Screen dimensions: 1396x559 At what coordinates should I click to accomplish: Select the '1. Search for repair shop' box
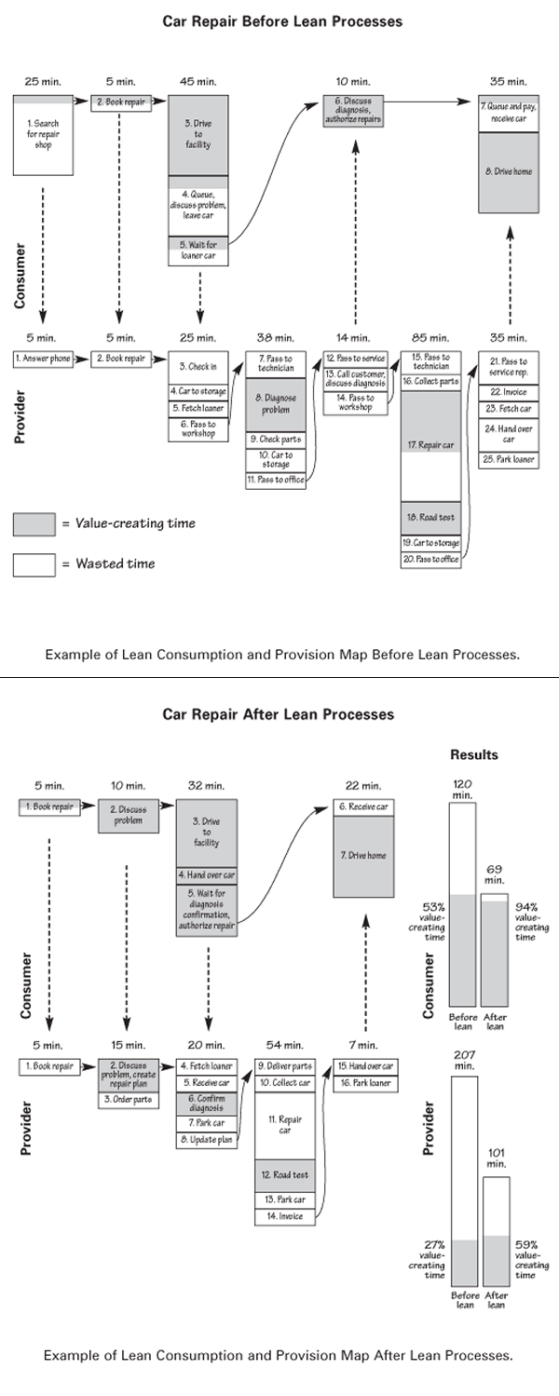point(43,135)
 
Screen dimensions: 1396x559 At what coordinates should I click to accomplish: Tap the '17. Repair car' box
point(435,445)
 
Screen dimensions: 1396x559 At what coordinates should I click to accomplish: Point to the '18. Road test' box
point(435,517)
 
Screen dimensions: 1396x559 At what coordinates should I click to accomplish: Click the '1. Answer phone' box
point(43,358)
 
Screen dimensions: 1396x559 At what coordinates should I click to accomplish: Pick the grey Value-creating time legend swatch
point(34,524)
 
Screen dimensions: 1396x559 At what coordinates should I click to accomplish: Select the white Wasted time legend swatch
point(34,563)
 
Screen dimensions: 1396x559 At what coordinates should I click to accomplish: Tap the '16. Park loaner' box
point(363,1083)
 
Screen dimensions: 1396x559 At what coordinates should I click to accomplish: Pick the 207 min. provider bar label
point(464,1059)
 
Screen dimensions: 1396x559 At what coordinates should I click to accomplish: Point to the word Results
point(474,753)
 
